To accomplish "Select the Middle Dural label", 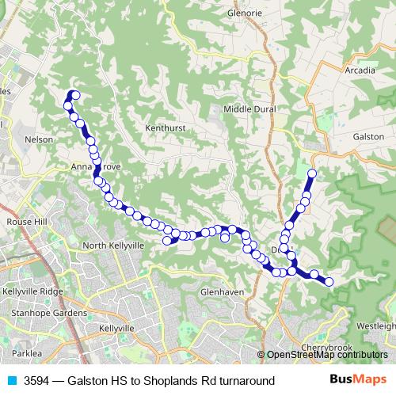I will pos(249,109).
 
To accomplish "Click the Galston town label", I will pos(368,136).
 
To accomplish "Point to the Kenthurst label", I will pos(164,127).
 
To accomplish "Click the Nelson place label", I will pos(39,139).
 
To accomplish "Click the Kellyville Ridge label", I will pos(32,291).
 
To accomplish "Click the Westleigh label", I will pos(375,326).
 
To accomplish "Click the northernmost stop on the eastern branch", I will pos(312,173).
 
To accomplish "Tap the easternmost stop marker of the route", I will pos(329,281).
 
